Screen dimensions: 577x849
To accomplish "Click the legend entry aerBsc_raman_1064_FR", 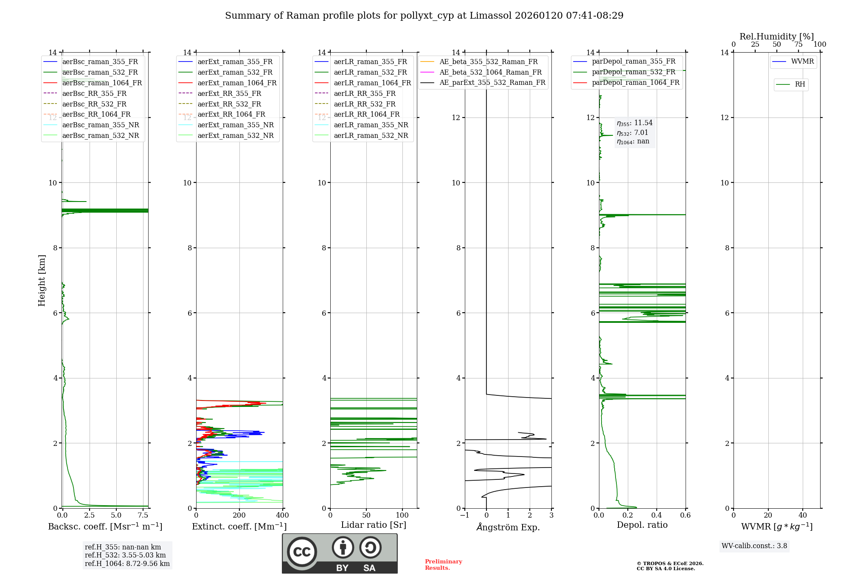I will [x=102, y=83].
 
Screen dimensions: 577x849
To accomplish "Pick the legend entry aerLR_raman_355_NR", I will [x=371, y=125].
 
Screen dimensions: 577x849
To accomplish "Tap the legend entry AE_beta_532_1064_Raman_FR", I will [x=490, y=72].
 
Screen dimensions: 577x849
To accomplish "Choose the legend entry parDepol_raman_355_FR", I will [x=633, y=62].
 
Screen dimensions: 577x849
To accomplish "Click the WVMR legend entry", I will [x=802, y=62].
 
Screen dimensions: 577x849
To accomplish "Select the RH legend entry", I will [x=800, y=84].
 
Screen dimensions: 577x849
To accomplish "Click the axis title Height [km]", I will [x=42, y=280].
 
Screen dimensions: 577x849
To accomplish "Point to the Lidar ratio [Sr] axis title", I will [x=373, y=525].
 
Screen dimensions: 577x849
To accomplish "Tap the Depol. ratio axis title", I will [x=642, y=525].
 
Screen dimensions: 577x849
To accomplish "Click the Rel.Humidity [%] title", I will [x=776, y=36].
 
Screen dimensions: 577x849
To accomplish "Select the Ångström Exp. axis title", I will [x=508, y=527].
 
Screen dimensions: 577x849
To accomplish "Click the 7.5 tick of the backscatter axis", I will [x=143, y=515].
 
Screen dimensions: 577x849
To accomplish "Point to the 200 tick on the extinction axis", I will [x=239, y=515].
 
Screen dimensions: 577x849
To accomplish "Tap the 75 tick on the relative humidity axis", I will [x=798, y=45].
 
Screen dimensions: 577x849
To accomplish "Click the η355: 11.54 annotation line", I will [x=635, y=123].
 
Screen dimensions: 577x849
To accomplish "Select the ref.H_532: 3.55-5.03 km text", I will [x=125, y=555].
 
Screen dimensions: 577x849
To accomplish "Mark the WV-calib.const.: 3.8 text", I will [x=754, y=546].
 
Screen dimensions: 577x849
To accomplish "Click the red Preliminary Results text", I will [x=443, y=564].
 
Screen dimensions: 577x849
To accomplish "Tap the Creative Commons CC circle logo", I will [x=302, y=552].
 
